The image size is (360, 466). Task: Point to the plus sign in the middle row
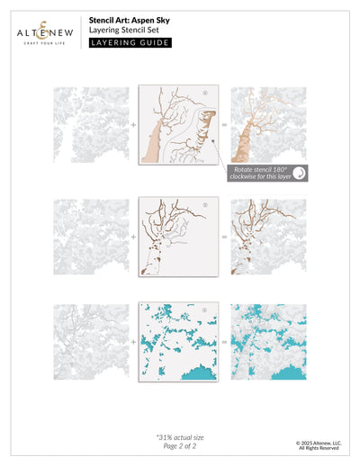[x=133, y=237]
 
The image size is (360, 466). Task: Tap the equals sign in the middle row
[x=224, y=237]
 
